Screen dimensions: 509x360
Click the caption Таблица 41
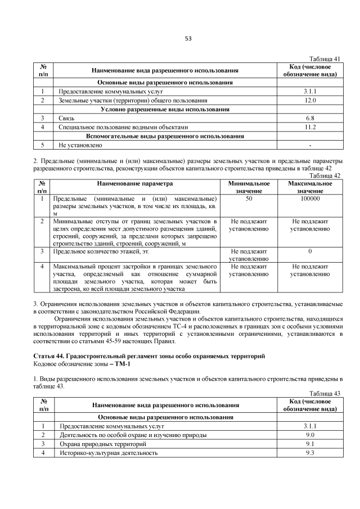tap(326, 59)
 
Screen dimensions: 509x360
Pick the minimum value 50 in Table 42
tap(249, 199)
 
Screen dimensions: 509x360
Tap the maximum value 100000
tap(310, 199)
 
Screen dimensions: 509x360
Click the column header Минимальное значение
tap(249, 187)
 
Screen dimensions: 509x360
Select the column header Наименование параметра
tap(135, 183)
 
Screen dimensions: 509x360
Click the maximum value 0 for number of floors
tap(310, 251)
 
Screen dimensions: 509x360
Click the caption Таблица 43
tap(326, 394)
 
